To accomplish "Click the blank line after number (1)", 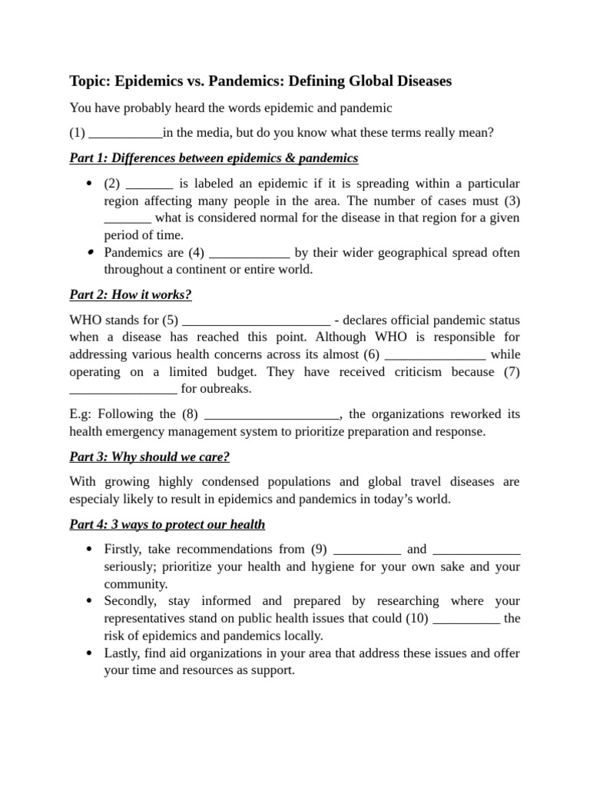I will [x=126, y=134].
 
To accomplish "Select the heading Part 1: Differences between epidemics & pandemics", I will [x=214, y=158].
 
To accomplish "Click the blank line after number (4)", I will [x=249, y=254].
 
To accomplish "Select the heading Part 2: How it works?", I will [x=131, y=295].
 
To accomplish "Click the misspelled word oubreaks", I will [x=227, y=389].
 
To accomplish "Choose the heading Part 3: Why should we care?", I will [x=150, y=457].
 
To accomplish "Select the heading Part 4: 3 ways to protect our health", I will [x=167, y=525].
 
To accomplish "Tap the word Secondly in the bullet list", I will [x=130, y=601].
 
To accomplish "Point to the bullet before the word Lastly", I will [x=89, y=653].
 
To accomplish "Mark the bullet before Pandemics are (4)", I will [x=90, y=252].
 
